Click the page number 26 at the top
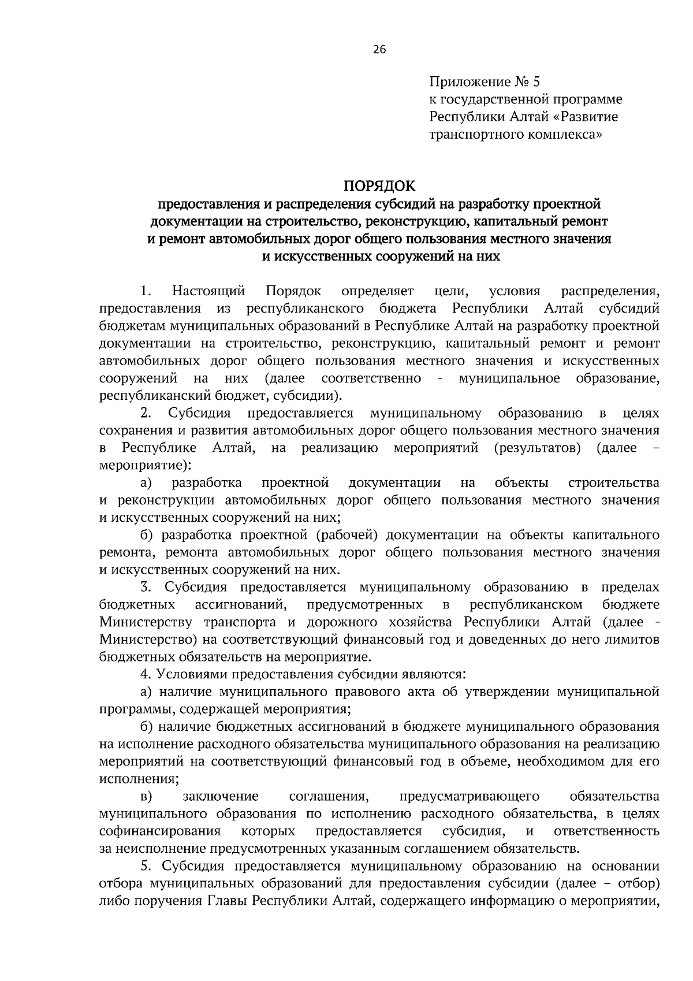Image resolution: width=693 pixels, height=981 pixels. [x=379, y=49]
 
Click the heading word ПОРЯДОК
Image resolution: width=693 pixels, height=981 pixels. [x=379, y=186]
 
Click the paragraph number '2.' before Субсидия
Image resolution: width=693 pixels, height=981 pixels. [x=146, y=413]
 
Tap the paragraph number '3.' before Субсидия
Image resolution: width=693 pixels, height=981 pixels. [x=146, y=588]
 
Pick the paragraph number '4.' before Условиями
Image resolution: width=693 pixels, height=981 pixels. [x=146, y=674]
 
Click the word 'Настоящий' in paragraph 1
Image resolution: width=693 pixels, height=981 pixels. [x=209, y=291]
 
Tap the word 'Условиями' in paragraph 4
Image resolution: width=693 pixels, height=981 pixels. [x=187, y=674]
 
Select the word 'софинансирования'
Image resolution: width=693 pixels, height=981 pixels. [x=160, y=831]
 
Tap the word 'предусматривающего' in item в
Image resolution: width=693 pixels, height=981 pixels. [x=470, y=797]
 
